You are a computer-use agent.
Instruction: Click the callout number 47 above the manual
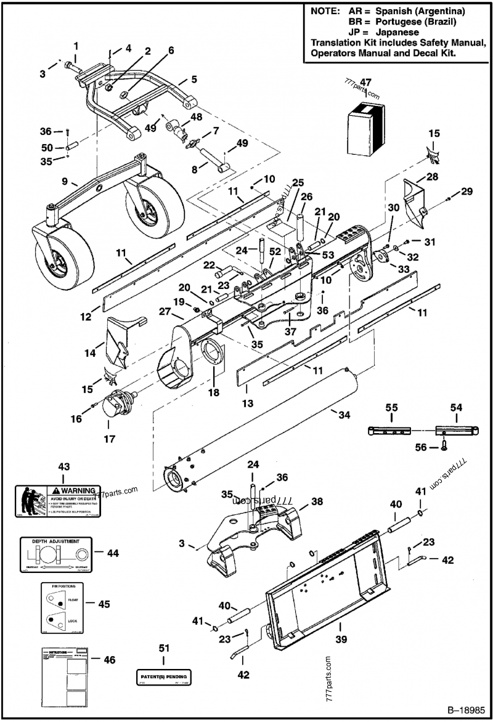pos(365,83)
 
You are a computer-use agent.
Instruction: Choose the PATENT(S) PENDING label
pos(163,676)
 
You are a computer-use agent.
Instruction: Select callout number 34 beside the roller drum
pos(344,415)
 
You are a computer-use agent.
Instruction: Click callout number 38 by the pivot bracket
pos(316,501)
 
